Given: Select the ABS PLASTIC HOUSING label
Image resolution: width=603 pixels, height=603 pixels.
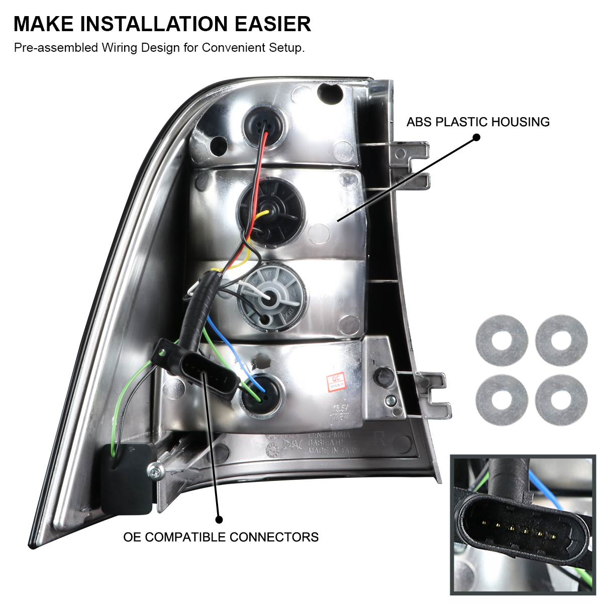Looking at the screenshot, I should point(478,122).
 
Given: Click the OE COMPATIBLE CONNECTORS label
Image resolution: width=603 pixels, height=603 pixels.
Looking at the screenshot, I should point(221,537).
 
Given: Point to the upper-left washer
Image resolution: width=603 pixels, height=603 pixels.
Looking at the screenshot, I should point(501,340).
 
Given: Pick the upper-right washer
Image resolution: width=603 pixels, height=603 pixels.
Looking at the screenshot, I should point(561,340).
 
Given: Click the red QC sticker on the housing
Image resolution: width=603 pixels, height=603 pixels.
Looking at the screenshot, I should point(336,382).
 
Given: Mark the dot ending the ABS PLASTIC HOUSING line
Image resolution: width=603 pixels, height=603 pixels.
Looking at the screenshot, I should point(477,137).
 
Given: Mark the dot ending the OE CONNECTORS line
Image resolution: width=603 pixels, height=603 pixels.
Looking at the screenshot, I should point(219,520).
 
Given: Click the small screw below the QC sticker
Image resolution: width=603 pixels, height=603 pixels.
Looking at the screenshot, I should point(390,400).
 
